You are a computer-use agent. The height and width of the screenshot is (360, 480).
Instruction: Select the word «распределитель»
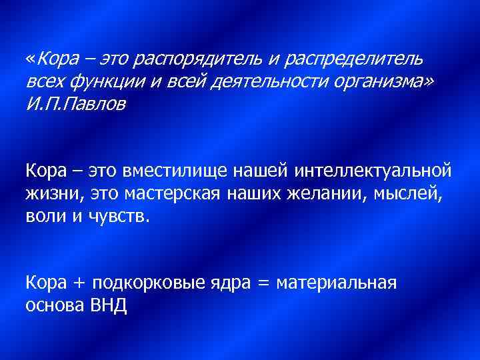tap(353, 60)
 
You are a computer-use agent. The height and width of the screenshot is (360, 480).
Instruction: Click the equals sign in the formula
tap(263, 283)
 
